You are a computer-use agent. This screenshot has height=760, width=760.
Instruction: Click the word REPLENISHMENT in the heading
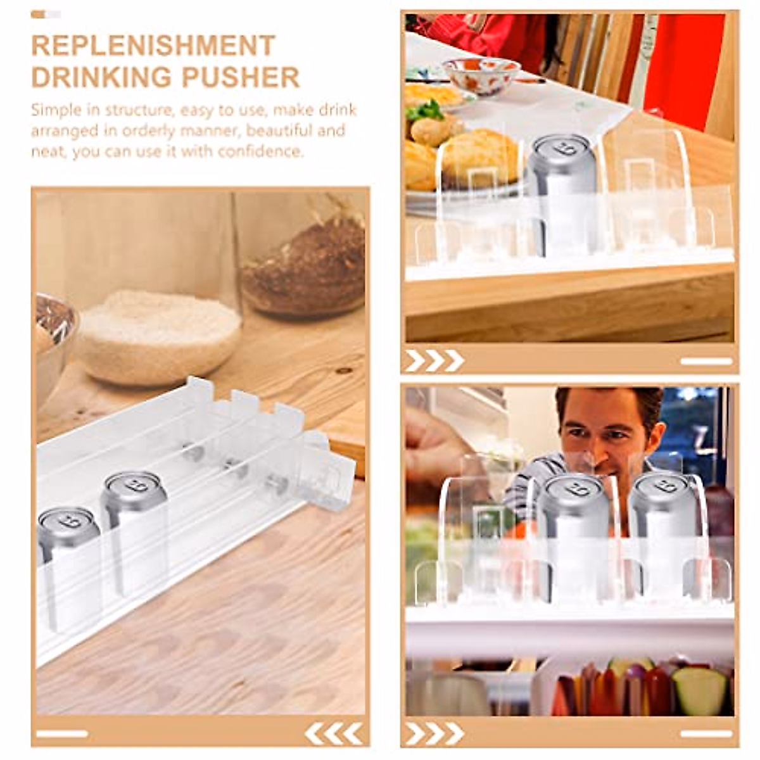click(153, 46)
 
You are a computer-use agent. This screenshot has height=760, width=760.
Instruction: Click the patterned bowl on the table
click(481, 74)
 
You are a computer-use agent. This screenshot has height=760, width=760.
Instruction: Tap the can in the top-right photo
click(562, 184)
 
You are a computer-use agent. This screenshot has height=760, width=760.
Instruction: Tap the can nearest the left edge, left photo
click(66, 545)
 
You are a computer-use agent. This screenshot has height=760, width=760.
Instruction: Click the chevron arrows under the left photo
click(334, 733)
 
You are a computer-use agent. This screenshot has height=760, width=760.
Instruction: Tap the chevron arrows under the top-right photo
click(434, 361)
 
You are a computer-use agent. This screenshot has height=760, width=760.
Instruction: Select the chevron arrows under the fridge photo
click(434, 733)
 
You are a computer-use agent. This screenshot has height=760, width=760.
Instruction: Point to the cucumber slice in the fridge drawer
click(699, 690)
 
